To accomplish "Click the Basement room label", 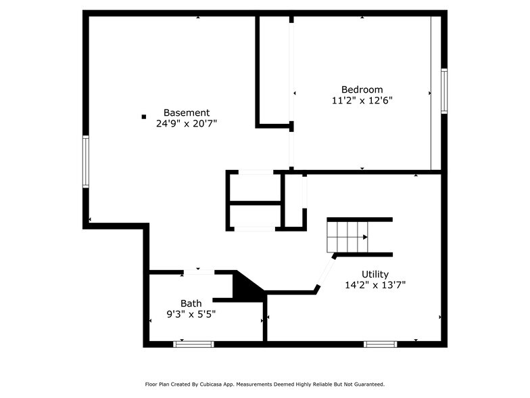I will pos(187,112).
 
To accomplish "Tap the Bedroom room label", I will pos(362,89).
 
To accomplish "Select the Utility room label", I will pos(375,274).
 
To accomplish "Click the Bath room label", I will pos(191,303).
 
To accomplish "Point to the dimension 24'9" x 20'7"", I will pos(187,123).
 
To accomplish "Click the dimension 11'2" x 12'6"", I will pos(362,100).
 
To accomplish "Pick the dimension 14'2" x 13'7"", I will pos(375,285).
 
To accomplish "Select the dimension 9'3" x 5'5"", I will pos(191,313).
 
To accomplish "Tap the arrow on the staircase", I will pos(365,238).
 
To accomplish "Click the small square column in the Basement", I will pos(143,116).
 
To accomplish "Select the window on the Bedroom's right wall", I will pos(444,91).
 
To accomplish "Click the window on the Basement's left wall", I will pos(86,161).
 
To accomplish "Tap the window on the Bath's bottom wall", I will pos(193,344).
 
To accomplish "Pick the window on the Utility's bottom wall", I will pos(381,344).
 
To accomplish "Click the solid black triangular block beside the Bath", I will pos(244,286).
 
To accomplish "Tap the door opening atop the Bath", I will pos(199,273).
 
